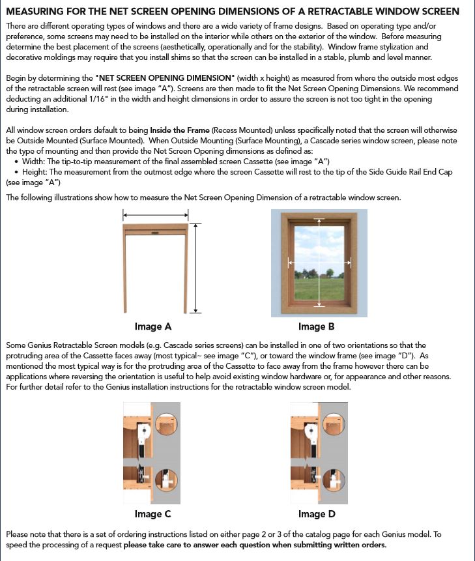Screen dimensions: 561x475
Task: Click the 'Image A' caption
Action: [153, 326]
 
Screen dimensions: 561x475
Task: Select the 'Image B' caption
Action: [316, 326]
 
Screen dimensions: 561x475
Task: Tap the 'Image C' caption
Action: [153, 514]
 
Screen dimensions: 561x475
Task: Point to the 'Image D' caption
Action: [317, 514]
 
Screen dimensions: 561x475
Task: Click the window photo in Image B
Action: [319, 263]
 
